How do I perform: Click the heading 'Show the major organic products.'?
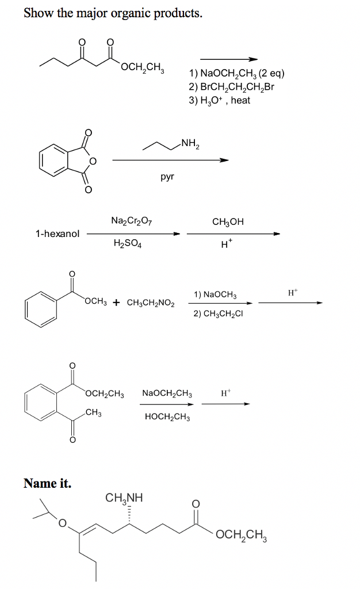click(x=113, y=13)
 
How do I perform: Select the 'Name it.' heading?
click(x=47, y=483)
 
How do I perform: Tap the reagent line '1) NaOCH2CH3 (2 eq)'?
click(x=236, y=73)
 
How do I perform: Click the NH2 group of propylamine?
click(x=190, y=143)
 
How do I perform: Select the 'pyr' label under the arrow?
click(x=167, y=177)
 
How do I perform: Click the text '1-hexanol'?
click(x=58, y=234)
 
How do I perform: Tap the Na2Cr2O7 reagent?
click(x=131, y=220)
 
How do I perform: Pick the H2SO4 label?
click(x=128, y=243)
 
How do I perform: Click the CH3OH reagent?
click(x=228, y=221)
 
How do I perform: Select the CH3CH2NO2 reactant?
click(x=151, y=303)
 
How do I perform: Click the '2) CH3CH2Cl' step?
click(x=218, y=313)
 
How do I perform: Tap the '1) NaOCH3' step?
click(x=215, y=294)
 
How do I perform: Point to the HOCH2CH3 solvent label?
click(x=167, y=417)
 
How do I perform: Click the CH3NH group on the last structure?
click(x=124, y=498)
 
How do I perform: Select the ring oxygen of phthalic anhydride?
click(x=92, y=161)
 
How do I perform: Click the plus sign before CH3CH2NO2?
click(x=117, y=303)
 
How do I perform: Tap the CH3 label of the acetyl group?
click(x=94, y=412)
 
